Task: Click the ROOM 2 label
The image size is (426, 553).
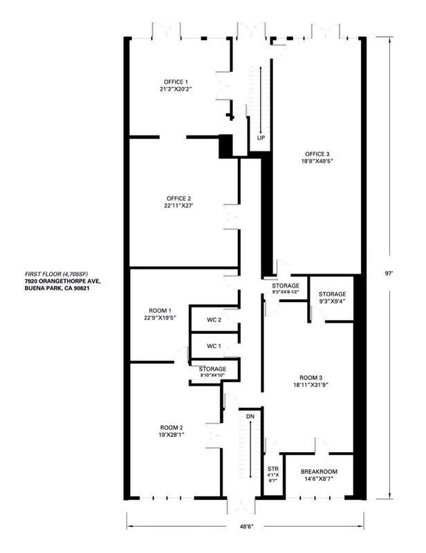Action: click(169, 427)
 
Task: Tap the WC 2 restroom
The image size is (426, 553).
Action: click(214, 320)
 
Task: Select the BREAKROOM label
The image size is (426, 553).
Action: click(318, 471)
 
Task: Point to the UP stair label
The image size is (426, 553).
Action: click(261, 138)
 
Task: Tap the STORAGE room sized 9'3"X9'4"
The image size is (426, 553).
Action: click(333, 294)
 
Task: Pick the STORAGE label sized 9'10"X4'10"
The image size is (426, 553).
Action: click(212, 369)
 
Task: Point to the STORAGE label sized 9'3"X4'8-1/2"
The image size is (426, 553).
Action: click(285, 285)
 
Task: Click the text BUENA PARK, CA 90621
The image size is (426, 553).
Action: click(57, 289)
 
